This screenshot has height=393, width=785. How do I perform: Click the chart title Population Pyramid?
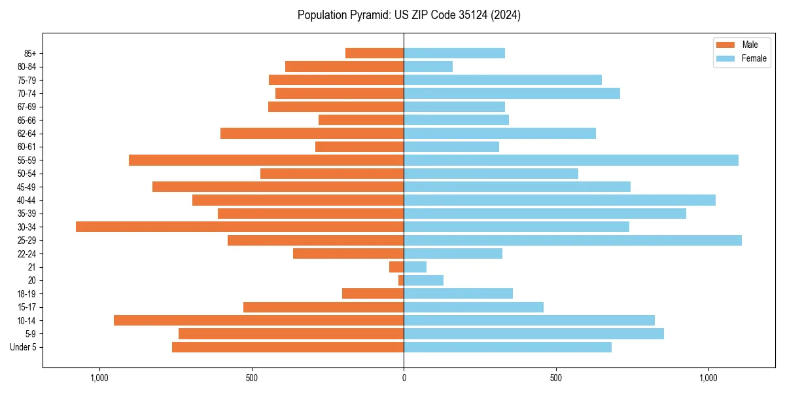pyautogui.click(x=409, y=15)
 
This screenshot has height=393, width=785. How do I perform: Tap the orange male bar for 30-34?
pyautogui.click(x=239, y=227)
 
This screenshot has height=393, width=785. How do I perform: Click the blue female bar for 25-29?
pyautogui.click(x=572, y=240)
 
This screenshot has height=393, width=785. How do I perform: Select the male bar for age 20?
pyautogui.click(x=401, y=280)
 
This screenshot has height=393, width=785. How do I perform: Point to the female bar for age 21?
pyautogui.click(x=415, y=267)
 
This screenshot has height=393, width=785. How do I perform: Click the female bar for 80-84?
pyautogui.click(x=428, y=66)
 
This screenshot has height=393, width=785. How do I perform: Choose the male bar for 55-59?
pyautogui.click(x=266, y=160)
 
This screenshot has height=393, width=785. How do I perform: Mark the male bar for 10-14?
pyautogui.click(x=258, y=320)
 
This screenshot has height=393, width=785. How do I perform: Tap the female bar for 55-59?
pyautogui.click(x=570, y=160)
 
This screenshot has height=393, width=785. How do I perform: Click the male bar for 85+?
pyautogui.click(x=374, y=53)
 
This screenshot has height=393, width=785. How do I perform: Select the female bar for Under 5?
pyautogui.click(x=507, y=347)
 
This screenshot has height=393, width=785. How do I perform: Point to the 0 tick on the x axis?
pyautogui.click(x=404, y=378)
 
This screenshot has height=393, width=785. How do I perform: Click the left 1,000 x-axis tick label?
pyautogui.click(x=99, y=378)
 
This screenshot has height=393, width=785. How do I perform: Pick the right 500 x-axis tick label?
pyautogui.click(x=555, y=378)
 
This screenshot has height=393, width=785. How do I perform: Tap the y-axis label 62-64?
pyautogui.click(x=27, y=134)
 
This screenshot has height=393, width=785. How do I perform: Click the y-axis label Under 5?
pyautogui.click(x=24, y=347)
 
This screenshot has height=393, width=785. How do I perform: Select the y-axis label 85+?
pyautogui.click(x=31, y=53)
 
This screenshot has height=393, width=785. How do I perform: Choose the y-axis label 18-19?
pyautogui.click(x=27, y=293)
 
